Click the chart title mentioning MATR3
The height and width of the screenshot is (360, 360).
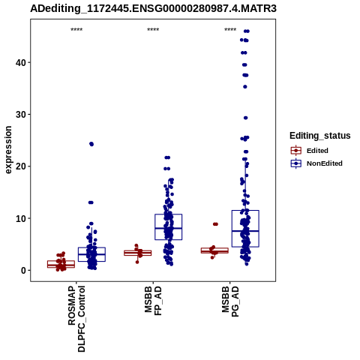[153, 9]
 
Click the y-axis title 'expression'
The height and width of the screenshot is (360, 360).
[8, 150]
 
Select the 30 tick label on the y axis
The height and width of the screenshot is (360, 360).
[21, 115]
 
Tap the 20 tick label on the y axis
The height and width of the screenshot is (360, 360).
[21, 166]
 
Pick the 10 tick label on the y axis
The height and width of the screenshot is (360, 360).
[21, 218]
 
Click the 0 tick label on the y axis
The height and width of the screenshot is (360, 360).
[24, 271]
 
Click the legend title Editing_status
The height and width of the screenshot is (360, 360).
[320, 136]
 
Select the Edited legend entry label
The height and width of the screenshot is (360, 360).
[317, 151]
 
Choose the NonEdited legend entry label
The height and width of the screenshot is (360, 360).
[325, 163]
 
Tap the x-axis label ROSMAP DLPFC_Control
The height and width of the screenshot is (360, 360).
[76, 319]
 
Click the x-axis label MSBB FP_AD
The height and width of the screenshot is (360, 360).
[153, 301]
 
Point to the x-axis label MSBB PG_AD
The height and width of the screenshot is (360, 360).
[230, 301]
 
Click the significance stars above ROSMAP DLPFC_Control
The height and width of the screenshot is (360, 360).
[76, 30]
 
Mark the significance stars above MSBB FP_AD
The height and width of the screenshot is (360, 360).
[153, 30]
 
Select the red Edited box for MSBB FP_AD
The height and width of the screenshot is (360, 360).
[138, 253]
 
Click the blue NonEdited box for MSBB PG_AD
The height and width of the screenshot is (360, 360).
[245, 229]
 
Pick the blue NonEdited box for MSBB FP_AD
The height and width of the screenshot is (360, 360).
[169, 227]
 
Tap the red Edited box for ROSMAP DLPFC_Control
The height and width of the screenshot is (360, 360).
[61, 264]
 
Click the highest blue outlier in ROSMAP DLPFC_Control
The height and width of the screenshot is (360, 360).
[91, 144]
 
